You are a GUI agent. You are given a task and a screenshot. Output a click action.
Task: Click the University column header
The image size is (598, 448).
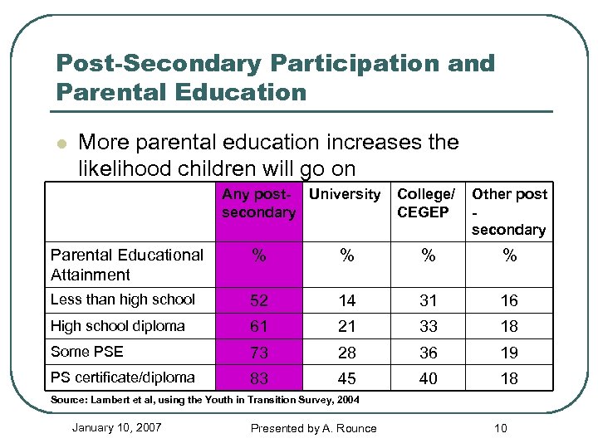344,194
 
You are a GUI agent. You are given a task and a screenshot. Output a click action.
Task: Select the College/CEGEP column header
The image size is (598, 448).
426,203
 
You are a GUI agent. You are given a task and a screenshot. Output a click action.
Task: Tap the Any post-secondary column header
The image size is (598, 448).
258,203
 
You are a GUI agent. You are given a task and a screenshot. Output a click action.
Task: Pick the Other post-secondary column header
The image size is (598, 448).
509,212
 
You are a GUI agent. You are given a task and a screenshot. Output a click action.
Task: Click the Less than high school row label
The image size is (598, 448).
122,299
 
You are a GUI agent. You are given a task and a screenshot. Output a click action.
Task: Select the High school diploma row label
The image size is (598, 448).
117,326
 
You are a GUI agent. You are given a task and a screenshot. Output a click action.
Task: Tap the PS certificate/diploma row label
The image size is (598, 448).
122,377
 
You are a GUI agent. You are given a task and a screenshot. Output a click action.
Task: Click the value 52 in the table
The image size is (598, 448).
259,300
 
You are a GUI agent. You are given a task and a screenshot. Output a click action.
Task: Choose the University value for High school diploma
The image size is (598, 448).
346,326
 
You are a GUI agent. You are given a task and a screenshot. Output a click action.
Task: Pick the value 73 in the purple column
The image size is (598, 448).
259,353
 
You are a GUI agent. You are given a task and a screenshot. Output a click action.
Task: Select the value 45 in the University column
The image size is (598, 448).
346,378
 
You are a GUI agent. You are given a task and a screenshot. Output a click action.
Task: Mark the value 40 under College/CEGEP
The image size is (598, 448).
428,378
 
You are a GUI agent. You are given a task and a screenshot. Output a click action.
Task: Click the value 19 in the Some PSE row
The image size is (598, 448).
509,353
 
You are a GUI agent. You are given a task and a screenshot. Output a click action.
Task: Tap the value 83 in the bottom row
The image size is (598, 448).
259,378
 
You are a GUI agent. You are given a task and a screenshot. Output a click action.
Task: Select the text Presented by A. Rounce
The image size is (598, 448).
314,428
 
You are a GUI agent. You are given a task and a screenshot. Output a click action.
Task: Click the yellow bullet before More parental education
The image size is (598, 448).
60,144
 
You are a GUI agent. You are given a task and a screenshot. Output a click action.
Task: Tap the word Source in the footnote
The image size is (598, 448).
69,400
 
